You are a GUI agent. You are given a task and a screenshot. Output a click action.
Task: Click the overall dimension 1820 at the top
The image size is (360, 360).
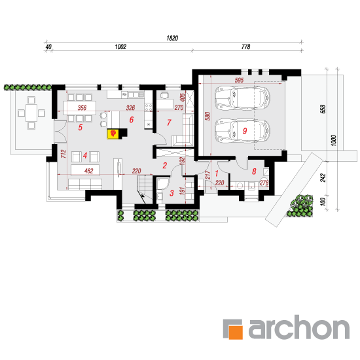(172, 38)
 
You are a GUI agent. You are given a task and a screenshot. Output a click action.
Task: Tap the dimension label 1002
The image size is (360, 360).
(120, 47)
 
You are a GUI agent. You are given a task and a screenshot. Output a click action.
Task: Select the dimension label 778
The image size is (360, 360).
(245, 47)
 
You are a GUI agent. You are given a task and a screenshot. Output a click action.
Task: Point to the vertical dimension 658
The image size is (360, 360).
(323, 109)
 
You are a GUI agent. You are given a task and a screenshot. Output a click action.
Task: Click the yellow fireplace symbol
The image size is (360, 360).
(113, 134)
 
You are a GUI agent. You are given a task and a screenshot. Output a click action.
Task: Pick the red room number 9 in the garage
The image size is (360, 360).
(245, 131)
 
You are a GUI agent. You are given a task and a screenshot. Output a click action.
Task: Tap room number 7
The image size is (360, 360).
(169, 122)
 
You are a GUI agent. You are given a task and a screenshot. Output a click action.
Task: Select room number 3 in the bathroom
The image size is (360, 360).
(171, 193)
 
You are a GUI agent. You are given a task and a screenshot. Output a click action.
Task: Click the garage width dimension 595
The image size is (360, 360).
(239, 81)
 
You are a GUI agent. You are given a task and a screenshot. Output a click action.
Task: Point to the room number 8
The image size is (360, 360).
(254, 171)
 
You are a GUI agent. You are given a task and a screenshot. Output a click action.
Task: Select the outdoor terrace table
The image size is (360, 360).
(31, 113)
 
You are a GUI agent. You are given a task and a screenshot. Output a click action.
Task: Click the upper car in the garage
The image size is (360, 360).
(242, 98)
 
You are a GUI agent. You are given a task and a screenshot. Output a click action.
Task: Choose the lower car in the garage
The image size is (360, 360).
(242, 131)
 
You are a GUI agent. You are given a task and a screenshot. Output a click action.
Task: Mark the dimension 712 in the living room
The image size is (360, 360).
(63, 154)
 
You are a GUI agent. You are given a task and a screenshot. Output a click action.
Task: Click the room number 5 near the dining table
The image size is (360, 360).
(80, 128)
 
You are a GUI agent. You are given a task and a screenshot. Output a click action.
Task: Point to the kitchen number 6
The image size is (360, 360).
(132, 119)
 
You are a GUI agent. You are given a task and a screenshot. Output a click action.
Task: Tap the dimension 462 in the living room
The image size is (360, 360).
(88, 171)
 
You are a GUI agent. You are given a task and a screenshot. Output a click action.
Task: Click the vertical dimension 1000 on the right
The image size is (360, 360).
(334, 140)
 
